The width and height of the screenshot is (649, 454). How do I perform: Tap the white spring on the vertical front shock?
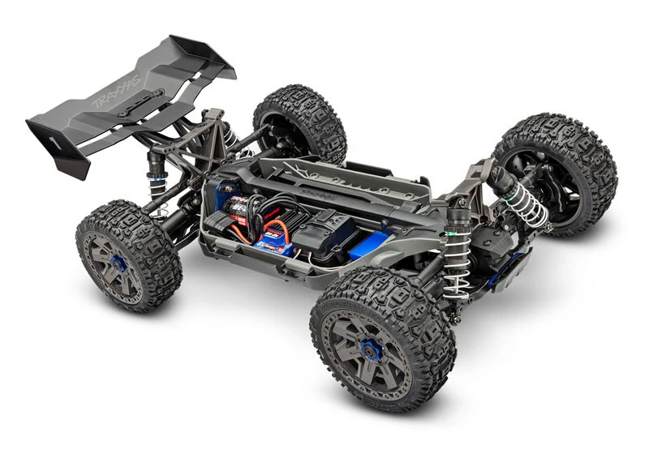(x=456, y=270)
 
